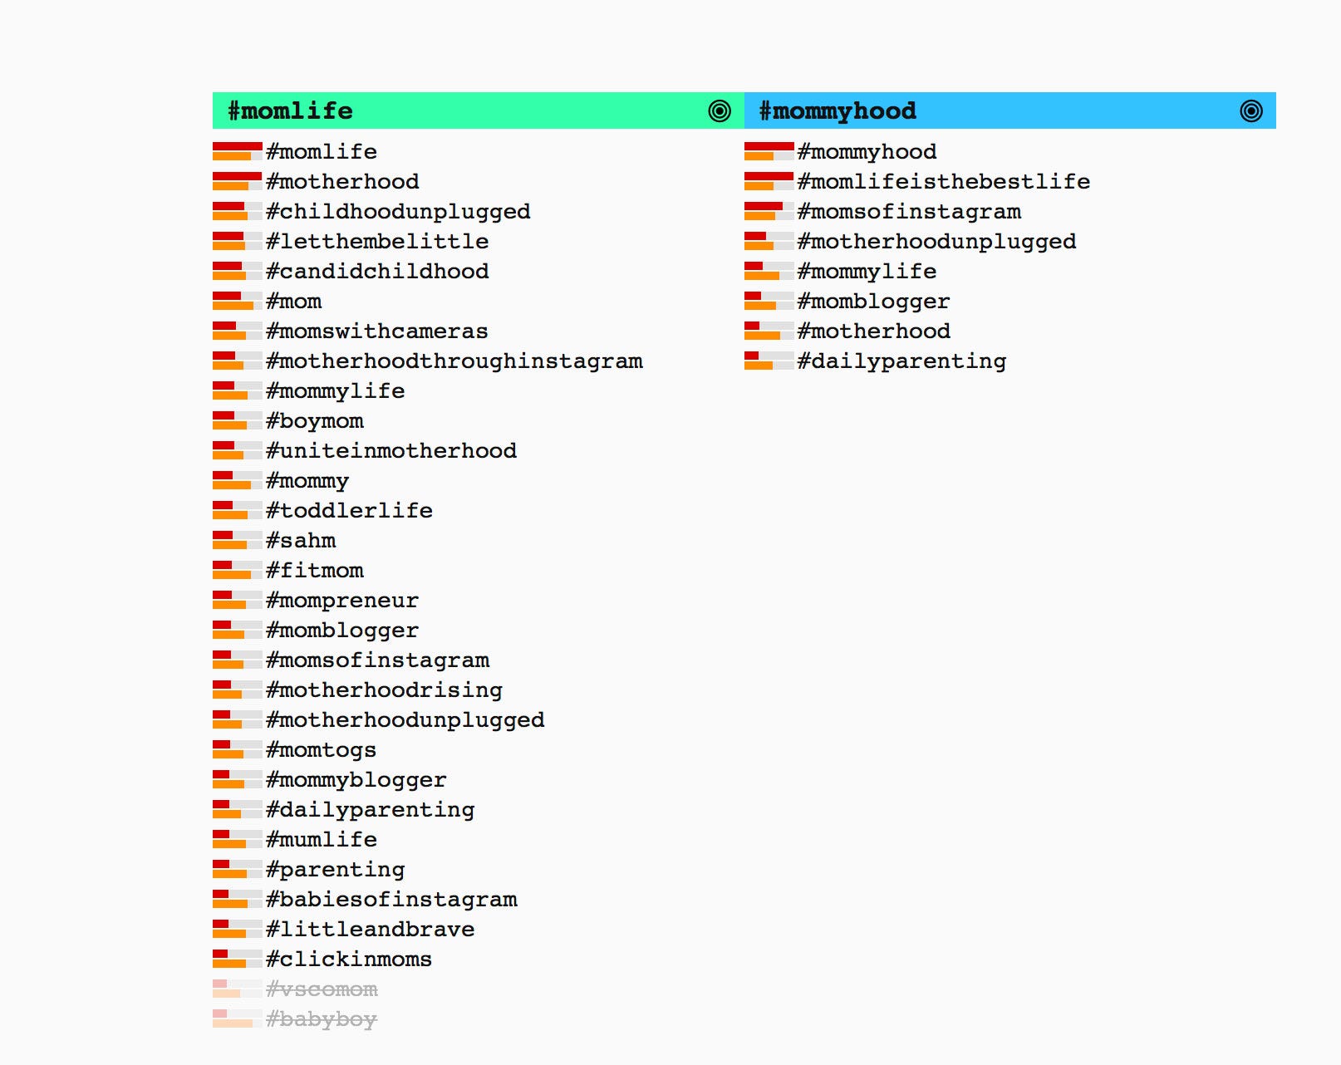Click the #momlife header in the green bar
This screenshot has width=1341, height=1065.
click(x=290, y=110)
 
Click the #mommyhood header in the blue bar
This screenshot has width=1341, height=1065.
click(x=838, y=110)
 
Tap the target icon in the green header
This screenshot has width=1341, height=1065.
click(x=720, y=110)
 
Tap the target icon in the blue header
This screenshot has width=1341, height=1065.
click(x=1250, y=110)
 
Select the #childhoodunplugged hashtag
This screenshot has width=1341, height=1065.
click(x=398, y=212)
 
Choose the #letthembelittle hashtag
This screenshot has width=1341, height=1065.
click(x=377, y=242)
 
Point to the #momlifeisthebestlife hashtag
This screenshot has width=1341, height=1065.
click(x=943, y=182)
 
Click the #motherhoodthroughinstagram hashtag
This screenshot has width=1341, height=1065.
click(x=454, y=361)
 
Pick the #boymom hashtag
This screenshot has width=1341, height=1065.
click(x=315, y=421)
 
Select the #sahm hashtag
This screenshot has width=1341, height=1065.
click(x=301, y=541)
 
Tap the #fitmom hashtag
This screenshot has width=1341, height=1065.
click(x=315, y=571)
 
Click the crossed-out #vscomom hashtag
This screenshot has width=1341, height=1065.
click(x=322, y=989)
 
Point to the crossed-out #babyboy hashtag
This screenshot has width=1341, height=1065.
click(x=322, y=1019)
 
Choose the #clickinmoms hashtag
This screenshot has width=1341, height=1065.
click(x=349, y=959)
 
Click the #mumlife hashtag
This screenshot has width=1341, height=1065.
click(x=322, y=840)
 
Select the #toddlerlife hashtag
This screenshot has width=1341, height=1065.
click(x=349, y=511)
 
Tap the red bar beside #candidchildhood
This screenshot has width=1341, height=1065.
click(x=227, y=266)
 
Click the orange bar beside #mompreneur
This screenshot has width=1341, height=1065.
click(x=228, y=605)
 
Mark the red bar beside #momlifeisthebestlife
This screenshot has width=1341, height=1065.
click(x=769, y=176)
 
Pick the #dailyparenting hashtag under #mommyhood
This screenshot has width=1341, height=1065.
click(x=901, y=361)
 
